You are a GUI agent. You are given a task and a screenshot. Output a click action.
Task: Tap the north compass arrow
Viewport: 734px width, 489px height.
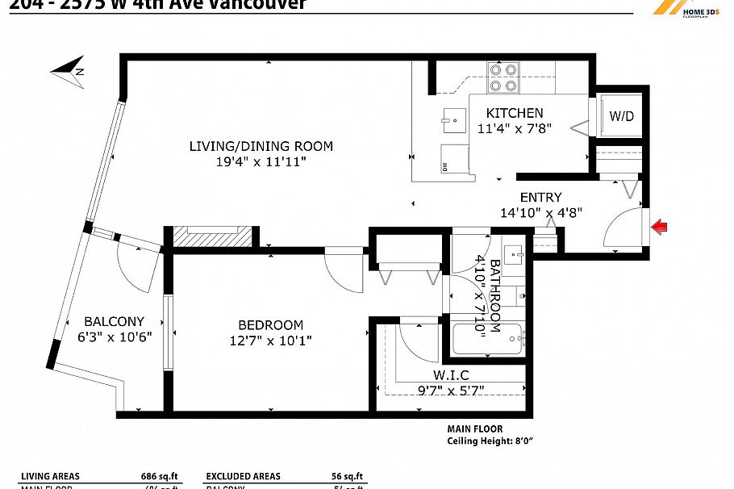tap(68, 70)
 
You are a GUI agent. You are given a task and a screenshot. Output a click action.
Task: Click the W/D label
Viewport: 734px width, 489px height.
tap(621, 116)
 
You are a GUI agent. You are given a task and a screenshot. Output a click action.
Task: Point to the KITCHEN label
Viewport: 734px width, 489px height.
tap(515, 113)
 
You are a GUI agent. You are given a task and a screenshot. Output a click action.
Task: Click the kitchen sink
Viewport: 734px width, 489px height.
tap(454, 120)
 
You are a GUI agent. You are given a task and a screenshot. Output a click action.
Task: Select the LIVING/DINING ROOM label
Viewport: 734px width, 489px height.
tap(261, 146)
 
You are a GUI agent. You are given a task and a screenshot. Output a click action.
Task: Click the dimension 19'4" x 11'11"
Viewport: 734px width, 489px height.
tap(261, 162)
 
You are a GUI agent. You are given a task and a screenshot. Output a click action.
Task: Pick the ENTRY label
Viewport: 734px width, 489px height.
tap(540, 197)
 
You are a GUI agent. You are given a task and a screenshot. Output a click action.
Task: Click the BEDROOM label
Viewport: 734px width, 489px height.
tap(270, 325)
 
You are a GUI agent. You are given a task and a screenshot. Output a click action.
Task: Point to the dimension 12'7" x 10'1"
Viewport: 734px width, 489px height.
tap(270, 341)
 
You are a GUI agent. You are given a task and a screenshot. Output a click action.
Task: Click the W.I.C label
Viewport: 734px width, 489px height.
tap(449, 375)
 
